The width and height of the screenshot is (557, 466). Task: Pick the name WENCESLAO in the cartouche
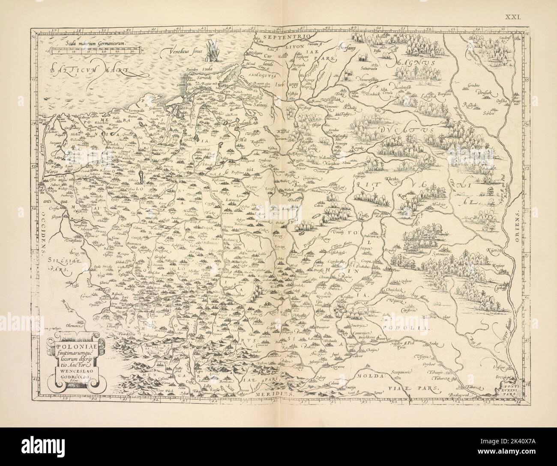[x=69, y=372]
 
